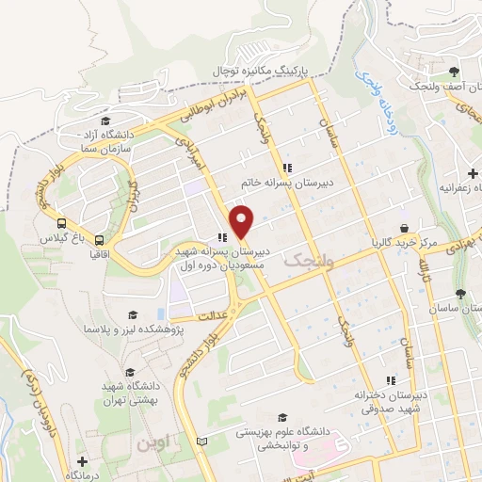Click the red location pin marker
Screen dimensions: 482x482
coord(242,221)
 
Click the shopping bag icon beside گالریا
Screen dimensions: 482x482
coord(405,228)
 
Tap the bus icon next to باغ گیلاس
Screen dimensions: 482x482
coord(61,224)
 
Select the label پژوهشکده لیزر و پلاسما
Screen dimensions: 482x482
coord(132,329)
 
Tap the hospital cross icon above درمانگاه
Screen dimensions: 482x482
coord(81,462)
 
